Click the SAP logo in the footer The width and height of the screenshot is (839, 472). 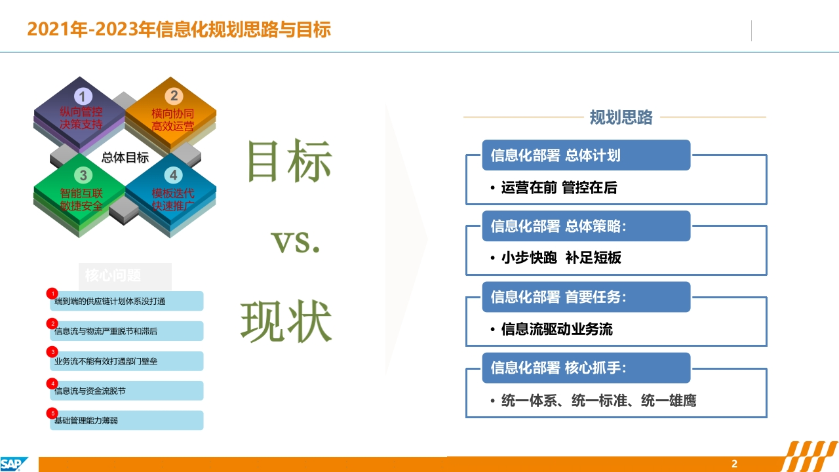click(14, 463)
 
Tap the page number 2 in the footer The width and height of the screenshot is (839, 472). click(734, 463)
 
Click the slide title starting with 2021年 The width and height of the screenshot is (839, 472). click(179, 29)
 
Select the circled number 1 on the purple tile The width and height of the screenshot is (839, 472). click(83, 96)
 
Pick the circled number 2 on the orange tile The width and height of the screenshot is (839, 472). click(174, 96)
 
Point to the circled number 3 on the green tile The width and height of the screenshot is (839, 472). click(83, 175)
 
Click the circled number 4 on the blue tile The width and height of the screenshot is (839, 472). click(174, 174)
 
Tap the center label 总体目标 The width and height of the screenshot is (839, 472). click(125, 158)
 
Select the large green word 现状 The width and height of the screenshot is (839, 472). click(286, 321)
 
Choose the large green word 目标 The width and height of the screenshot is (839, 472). click(290, 161)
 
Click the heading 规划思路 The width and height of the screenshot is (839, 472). click(621, 117)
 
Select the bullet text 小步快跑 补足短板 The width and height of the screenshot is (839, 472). click(561, 258)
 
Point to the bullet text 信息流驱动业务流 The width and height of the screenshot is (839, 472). click(557, 329)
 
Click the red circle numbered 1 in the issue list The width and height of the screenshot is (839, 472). click(52, 293)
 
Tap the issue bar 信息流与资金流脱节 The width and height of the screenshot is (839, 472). click(127, 391)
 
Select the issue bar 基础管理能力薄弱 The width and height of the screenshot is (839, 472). click(127, 420)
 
